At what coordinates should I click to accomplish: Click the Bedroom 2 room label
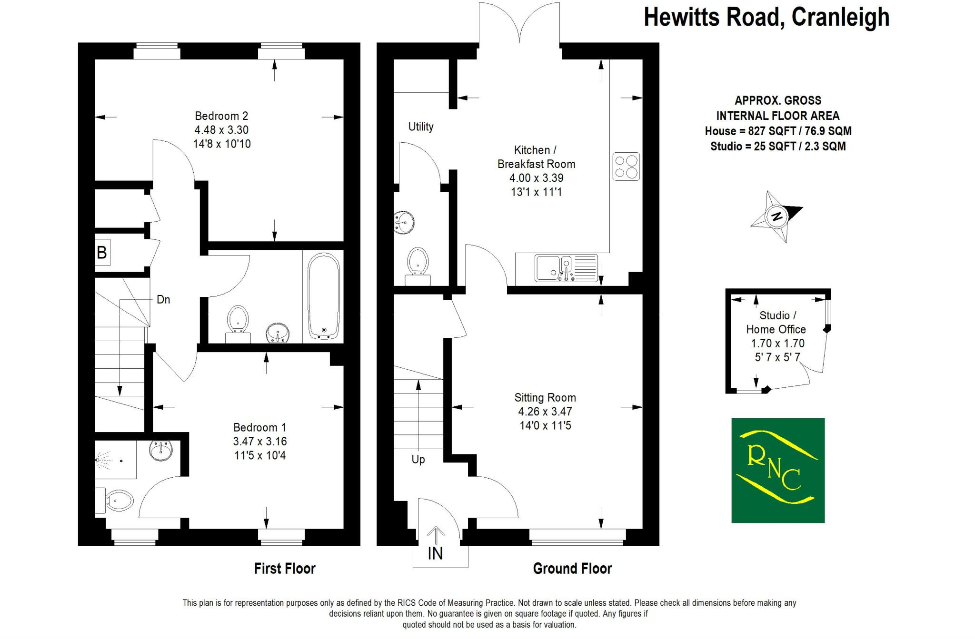coord(221,116)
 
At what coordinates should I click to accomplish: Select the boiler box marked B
coord(102,252)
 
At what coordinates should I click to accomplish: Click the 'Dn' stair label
coord(163,300)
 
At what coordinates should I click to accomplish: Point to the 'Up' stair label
coord(418,460)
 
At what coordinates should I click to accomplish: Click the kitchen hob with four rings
coord(626,167)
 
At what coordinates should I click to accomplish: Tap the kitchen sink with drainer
coord(567,268)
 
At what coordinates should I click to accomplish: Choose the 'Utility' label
coord(421,127)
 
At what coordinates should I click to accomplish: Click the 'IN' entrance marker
coord(435,553)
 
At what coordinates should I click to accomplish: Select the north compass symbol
coord(776,217)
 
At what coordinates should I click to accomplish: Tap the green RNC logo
coord(778,470)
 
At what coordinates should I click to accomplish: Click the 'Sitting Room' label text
coord(545,398)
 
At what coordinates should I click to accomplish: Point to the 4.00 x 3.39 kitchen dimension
coord(537,178)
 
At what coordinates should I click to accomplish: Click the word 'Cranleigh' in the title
coord(840,17)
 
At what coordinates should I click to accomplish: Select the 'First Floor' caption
coord(285,569)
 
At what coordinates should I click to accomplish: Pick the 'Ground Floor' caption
coord(572,569)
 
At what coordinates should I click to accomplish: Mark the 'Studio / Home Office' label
coord(776,322)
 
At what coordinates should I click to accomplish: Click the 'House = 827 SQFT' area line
coord(778,131)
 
